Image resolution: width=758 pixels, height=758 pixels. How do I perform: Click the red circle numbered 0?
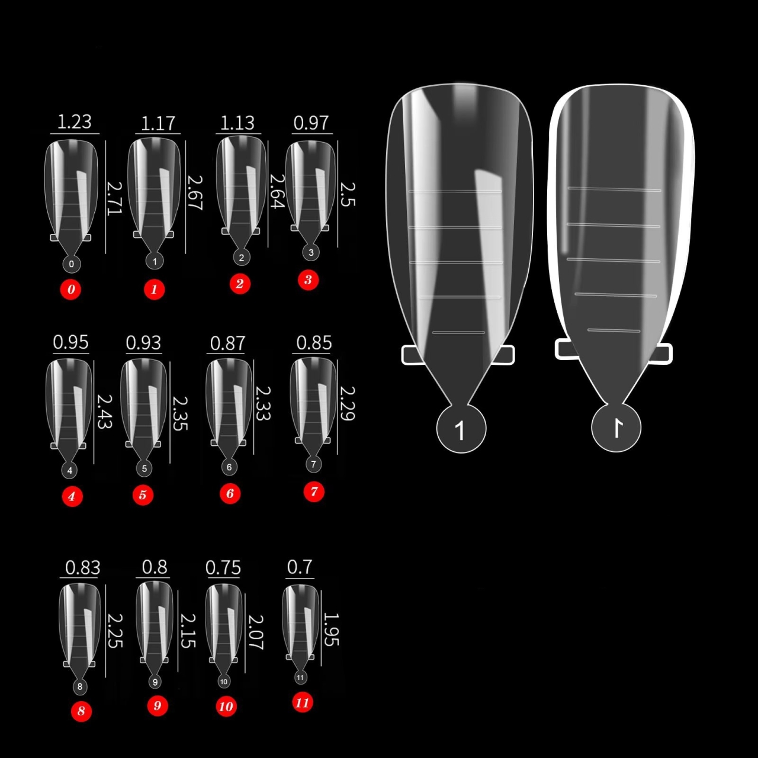pyautogui.click(x=71, y=289)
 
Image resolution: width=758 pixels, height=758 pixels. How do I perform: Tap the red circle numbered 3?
pyautogui.click(x=308, y=280)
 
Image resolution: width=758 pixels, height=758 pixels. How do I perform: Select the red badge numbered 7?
pyautogui.click(x=314, y=492)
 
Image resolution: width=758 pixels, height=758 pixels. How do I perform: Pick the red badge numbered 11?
pyautogui.click(x=303, y=702)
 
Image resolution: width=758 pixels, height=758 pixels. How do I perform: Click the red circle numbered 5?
pyautogui.click(x=143, y=494)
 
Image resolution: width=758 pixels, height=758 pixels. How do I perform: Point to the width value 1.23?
pyautogui.click(x=75, y=121)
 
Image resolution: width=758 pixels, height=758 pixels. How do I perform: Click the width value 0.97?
pyautogui.click(x=311, y=123)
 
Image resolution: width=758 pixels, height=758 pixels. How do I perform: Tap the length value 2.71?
pyautogui.click(x=114, y=198)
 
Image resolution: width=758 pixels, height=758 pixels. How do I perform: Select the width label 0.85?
pyautogui.click(x=314, y=343)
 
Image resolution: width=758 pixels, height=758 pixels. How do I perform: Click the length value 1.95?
pyautogui.click(x=331, y=629)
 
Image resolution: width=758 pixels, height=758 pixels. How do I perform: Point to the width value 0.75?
pyautogui.click(x=223, y=568)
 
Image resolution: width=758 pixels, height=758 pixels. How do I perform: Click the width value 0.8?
pyautogui.click(x=155, y=567)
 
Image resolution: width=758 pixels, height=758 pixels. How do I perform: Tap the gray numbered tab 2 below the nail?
pyautogui.click(x=241, y=258)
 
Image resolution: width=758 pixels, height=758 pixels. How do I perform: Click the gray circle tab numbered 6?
pyautogui.click(x=229, y=467)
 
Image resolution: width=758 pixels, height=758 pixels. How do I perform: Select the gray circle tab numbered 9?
pyautogui.click(x=155, y=682)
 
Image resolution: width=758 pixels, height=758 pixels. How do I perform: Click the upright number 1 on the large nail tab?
pyautogui.click(x=460, y=431)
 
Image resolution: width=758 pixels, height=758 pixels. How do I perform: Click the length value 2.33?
pyautogui.click(x=263, y=403)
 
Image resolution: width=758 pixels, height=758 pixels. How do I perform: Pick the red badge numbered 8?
pyautogui.click(x=81, y=711)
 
